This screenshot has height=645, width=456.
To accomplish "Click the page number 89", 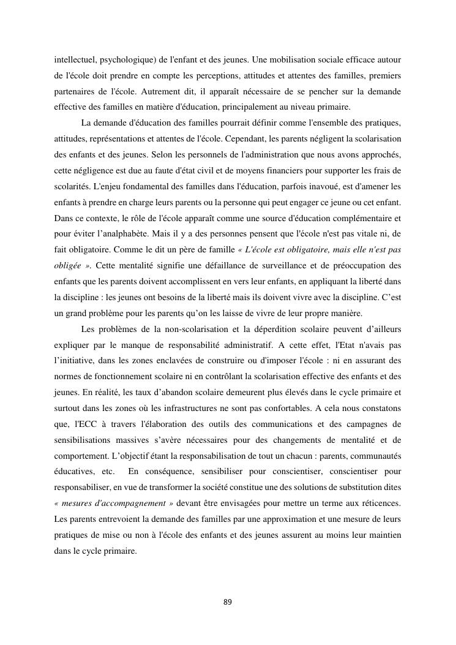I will coord(228,602).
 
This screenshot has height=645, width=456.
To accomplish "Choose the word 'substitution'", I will coord(361,489).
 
